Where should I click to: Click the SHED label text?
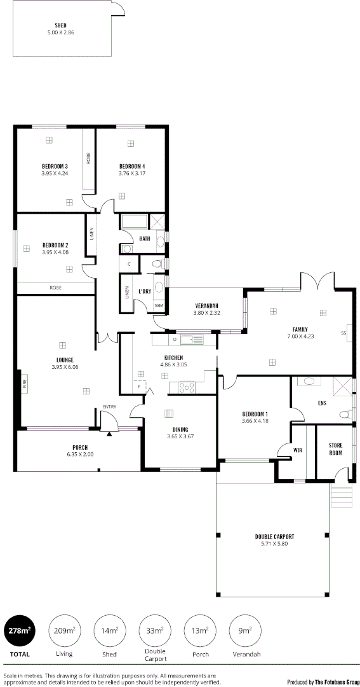tap(61, 25)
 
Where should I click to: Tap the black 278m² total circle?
tap(20, 630)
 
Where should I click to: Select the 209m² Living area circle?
tap(63, 630)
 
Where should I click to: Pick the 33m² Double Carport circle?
tap(154, 630)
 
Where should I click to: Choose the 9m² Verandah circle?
tap(244, 630)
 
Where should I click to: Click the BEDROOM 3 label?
tap(55, 166)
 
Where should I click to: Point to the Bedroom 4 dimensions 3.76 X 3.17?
tap(132, 173)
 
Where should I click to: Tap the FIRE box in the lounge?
tap(24, 385)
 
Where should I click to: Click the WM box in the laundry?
tap(159, 306)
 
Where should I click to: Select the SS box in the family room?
tap(343, 333)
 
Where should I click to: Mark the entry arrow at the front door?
tap(109, 434)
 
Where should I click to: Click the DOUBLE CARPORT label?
tap(274, 536)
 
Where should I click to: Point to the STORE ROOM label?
tap(335, 448)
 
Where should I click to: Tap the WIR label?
tap(297, 450)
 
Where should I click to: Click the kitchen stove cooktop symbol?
tap(187, 385)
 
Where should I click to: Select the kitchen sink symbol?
tap(194, 339)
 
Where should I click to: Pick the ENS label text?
tap(321, 403)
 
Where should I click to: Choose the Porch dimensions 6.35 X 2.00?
tap(80, 455)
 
